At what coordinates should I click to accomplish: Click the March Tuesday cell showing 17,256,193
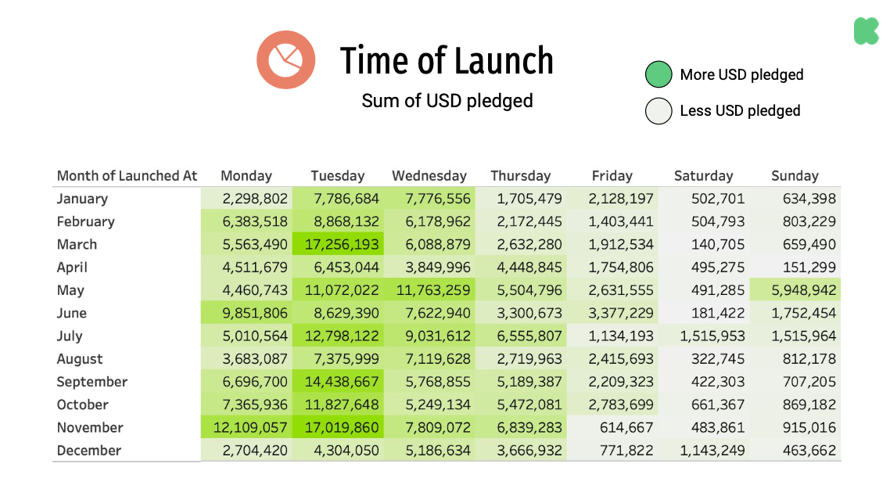point(337,244)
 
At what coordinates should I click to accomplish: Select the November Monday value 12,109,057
point(246,428)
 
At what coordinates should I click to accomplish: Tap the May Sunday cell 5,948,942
point(795,290)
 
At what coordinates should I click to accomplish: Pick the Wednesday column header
point(429,176)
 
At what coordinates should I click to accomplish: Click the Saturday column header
point(703,176)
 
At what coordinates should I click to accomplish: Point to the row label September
point(92,382)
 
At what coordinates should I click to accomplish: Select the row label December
point(89,451)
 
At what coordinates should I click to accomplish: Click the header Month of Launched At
point(127,176)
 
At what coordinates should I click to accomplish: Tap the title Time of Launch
point(447,61)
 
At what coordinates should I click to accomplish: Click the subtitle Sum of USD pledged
point(447,101)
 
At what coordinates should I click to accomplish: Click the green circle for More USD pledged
point(659,75)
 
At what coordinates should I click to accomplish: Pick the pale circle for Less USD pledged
point(659,111)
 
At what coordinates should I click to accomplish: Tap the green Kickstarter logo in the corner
point(866,31)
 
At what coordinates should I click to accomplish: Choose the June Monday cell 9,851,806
point(246,313)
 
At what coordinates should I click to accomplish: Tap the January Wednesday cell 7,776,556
point(429,199)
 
